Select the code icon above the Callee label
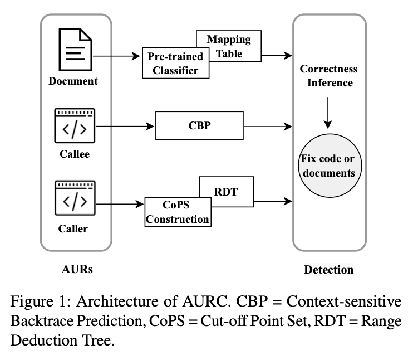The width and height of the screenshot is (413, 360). [74, 127]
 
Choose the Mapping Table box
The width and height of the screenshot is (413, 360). [229, 46]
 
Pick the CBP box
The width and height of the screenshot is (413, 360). [200, 126]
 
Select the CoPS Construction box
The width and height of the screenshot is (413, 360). [177, 212]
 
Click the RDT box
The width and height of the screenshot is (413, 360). [226, 192]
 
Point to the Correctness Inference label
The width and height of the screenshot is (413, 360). [328, 76]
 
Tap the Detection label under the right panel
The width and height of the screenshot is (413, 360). [328, 270]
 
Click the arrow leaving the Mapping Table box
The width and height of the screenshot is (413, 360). [277, 56]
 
